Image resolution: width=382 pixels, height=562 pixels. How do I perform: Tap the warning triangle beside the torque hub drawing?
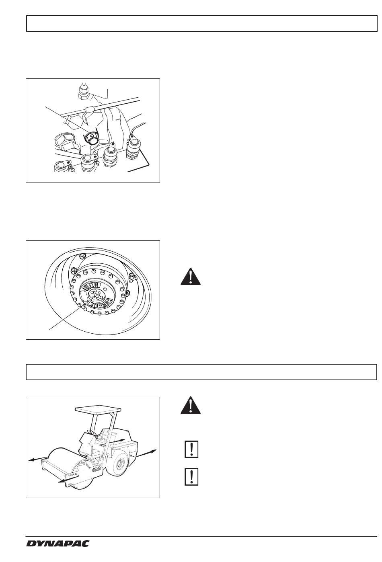191,277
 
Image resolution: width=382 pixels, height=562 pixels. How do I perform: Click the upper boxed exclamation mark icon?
191,449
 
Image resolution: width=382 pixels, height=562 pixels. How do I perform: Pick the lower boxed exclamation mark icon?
191,476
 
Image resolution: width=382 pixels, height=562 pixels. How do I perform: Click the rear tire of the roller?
119,463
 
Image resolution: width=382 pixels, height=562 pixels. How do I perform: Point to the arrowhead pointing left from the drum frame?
31,460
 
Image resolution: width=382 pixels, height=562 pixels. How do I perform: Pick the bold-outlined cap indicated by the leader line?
91,138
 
